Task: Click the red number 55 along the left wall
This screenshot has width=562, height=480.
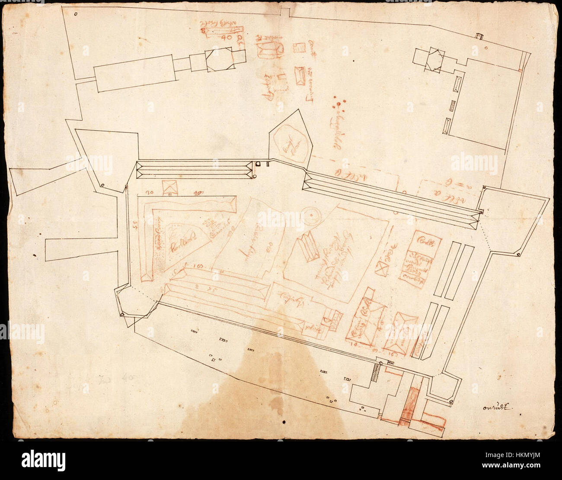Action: point(134,225)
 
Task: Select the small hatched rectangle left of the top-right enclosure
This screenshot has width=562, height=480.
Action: point(453,105)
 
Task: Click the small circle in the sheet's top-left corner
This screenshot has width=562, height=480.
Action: point(76,14)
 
